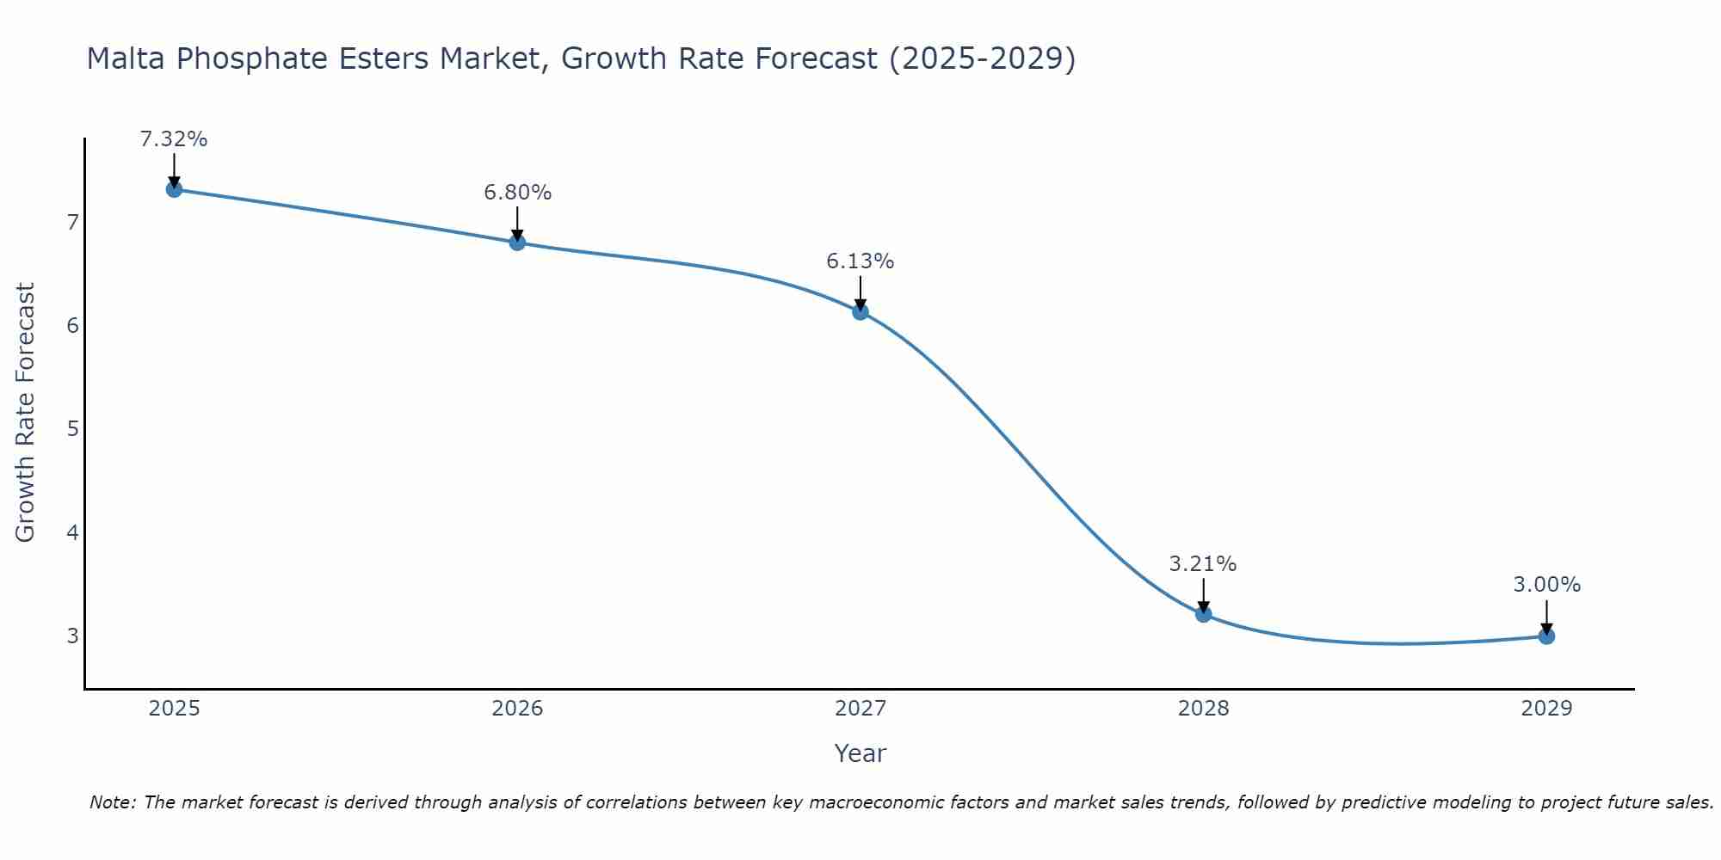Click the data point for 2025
(174, 189)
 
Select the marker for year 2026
(517, 243)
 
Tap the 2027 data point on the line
(860, 311)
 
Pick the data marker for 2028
(1203, 613)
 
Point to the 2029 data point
(1546, 636)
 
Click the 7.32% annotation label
(174, 139)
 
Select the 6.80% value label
(517, 193)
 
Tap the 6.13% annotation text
(860, 261)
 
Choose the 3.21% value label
(1203, 564)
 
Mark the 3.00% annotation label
(1546, 585)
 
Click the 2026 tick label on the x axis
(517, 709)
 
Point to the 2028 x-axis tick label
(1203, 709)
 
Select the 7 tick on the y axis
(72, 223)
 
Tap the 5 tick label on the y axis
(72, 429)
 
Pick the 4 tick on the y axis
(72, 532)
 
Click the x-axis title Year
(860, 753)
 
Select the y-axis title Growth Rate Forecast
(26, 413)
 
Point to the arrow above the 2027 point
(860, 292)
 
